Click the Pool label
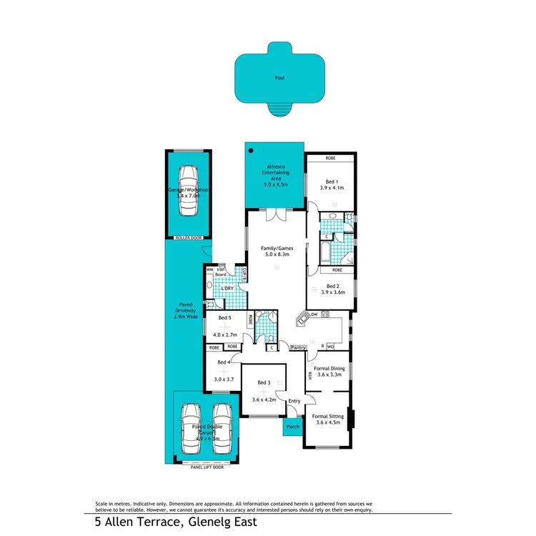(x=280, y=77)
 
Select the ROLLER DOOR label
(x=189, y=237)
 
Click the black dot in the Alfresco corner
(x=250, y=151)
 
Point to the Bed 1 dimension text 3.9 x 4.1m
(x=332, y=188)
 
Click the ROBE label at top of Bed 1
(x=331, y=158)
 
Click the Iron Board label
(x=221, y=272)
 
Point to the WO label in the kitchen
(x=331, y=347)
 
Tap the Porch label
(x=293, y=427)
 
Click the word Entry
(x=294, y=401)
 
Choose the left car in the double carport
(x=192, y=427)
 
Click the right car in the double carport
(x=223, y=427)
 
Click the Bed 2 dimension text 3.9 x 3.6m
(x=332, y=292)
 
